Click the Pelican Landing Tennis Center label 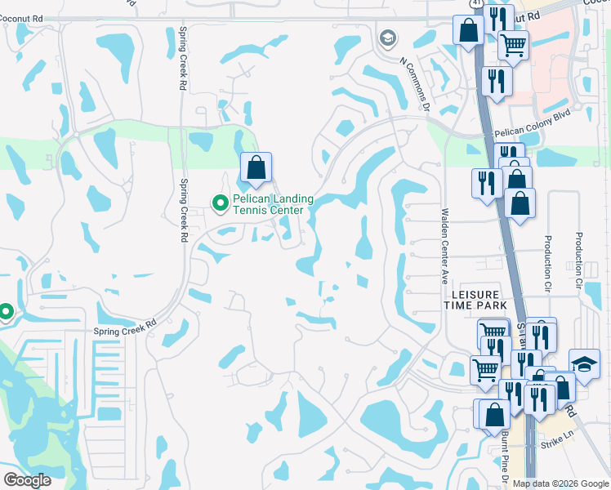268,204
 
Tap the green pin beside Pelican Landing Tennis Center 219,203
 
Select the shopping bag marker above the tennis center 256,168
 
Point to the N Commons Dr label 414,82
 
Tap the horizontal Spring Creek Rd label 124,327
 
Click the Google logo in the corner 28,480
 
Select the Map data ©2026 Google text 560,483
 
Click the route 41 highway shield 475,5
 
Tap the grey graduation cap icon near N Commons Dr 387,38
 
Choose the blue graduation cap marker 584,365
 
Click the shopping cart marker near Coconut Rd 513,46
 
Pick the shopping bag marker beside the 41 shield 469,31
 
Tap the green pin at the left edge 6,312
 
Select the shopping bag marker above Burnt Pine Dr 493,414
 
